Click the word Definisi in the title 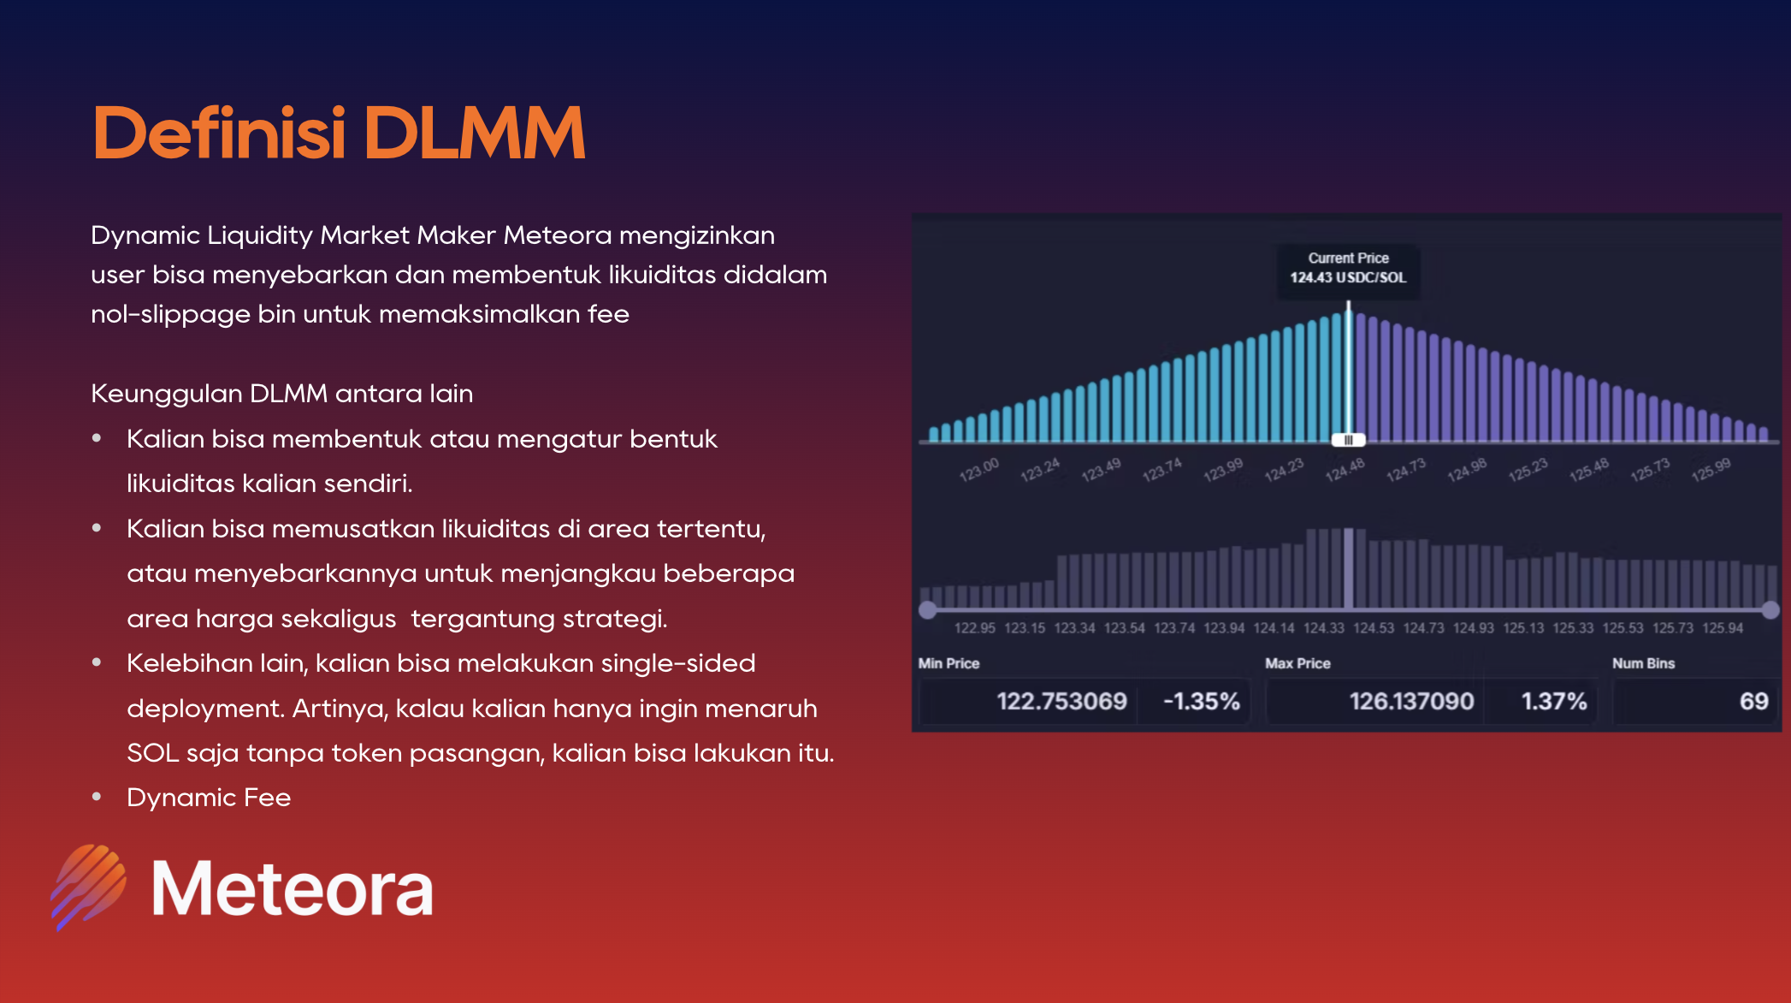[x=219, y=133]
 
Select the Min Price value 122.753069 [x=1061, y=702]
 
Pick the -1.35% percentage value [x=1202, y=702]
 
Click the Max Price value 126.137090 [x=1411, y=702]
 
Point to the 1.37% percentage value [x=1554, y=702]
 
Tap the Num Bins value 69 [x=1753, y=702]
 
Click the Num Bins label [x=1643, y=663]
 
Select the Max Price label [x=1297, y=663]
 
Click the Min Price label [x=949, y=663]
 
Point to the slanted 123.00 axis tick [x=978, y=470]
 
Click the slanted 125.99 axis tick [x=1711, y=470]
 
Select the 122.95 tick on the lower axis [x=975, y=628]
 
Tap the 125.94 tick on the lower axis [x=1723, y=628]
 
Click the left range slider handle [x=927, y=610]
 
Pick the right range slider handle [x=1770, y=610]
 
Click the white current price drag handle [x=1349, y=440]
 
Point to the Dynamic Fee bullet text [x=209, y=798]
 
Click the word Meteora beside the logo [x=293, y=889]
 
